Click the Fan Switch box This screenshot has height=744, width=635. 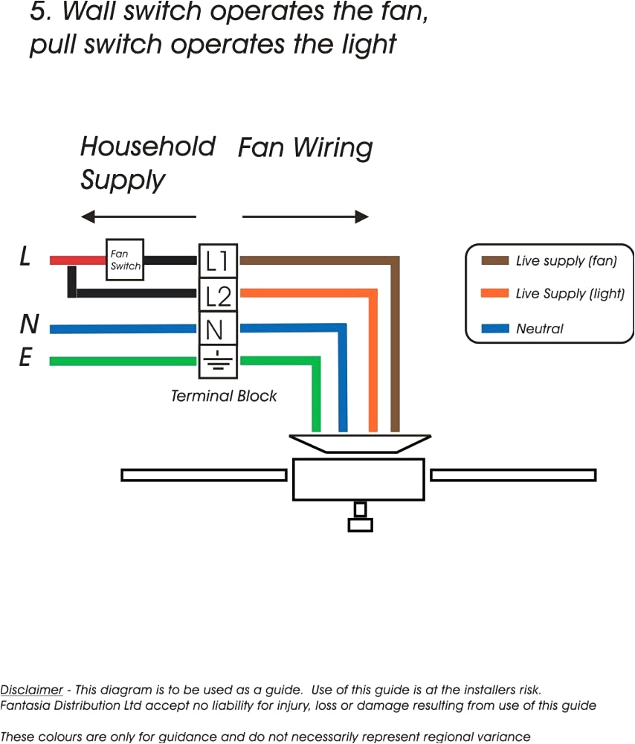[125, 260]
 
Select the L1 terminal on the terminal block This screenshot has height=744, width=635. [218, 261]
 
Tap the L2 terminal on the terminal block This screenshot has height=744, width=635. [218, 295]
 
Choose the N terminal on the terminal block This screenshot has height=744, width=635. [218, 328]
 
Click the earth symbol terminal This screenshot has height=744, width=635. [218, 361]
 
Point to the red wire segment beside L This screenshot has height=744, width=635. [77, 260]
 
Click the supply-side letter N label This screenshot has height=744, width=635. [29, 324]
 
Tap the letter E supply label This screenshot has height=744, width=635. [25, 359]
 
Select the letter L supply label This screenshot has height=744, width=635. [25, 258]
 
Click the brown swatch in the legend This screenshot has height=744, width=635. [494, 260]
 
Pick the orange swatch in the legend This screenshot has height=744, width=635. [494, 294]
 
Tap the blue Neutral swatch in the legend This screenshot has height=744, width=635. [494, 328]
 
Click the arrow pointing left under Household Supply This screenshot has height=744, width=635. [138, 217]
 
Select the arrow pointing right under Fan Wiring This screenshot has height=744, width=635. [306, 217]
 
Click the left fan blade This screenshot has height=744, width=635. [204, 475]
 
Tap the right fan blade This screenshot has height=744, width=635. [513, 475]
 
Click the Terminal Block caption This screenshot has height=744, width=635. [224, 396]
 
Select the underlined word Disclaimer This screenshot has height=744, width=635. [31, 690]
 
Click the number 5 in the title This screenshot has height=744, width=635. [39, 13]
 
